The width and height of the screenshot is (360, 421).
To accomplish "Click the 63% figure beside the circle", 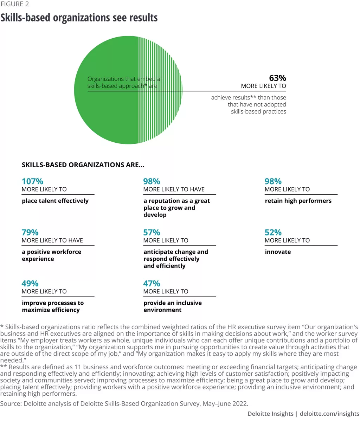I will click(x=277, y=78).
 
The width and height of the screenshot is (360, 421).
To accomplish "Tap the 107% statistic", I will click(x=32, y=181).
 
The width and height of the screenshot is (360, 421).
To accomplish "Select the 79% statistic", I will click(x=30, y=232).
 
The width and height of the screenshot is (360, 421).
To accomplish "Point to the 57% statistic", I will click(x=152, y=232).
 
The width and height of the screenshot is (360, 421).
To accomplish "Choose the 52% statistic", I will click(x=273, y=232).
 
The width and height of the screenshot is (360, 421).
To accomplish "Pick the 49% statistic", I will click(x=30, y=283).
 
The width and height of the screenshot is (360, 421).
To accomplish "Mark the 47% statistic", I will click(x=152, y=283).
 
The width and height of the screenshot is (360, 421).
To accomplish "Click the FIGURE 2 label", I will click(x=15, y=4).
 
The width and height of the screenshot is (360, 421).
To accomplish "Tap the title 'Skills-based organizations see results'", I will click(x=79, y=18).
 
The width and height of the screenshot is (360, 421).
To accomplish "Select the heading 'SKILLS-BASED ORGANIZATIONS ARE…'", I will click(x=83, y=164).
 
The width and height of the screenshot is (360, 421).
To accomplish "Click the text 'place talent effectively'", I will click(x=55, y=201).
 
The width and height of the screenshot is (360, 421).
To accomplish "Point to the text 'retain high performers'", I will click(x=298, y=201).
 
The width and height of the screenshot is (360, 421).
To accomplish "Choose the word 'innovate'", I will click(x=278, y=252).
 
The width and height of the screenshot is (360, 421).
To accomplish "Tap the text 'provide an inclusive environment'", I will click(x=172, y=306).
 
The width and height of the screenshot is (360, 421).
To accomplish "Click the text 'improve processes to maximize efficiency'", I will click(x=53, y=306).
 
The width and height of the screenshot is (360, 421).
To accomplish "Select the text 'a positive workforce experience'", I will click(x=51, y=255).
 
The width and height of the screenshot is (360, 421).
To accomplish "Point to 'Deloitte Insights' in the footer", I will click(x=270, y=414).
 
